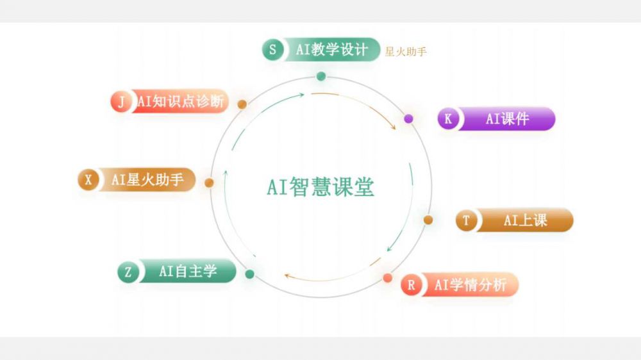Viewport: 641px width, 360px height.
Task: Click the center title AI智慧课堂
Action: (320, 187)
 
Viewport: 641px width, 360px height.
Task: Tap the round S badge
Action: (272, 50)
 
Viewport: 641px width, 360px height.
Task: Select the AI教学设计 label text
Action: (331, 50)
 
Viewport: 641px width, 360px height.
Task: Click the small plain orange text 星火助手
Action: (405, 52)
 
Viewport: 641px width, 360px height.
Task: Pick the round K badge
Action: (448, 119)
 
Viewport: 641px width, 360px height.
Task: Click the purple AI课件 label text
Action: (507, 119)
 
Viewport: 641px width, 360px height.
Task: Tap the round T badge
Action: (466, 220)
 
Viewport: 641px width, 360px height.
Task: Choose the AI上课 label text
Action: (525, 220)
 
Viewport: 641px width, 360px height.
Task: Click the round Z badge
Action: (128, 272)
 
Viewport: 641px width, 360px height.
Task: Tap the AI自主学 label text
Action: (188, 272)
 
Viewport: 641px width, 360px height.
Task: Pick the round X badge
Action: (88, 180)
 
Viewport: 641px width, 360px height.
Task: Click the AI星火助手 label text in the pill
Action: (147, 180)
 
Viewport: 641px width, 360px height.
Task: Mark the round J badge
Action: (121, 101)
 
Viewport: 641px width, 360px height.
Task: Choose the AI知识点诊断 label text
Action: (181, 101)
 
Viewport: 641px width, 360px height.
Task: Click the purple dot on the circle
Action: (408, 119)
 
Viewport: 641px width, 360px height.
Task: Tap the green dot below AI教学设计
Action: (321, 77)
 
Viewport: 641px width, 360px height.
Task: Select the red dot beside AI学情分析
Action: (388, 278)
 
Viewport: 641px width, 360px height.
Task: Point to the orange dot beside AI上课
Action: (428, 220)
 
